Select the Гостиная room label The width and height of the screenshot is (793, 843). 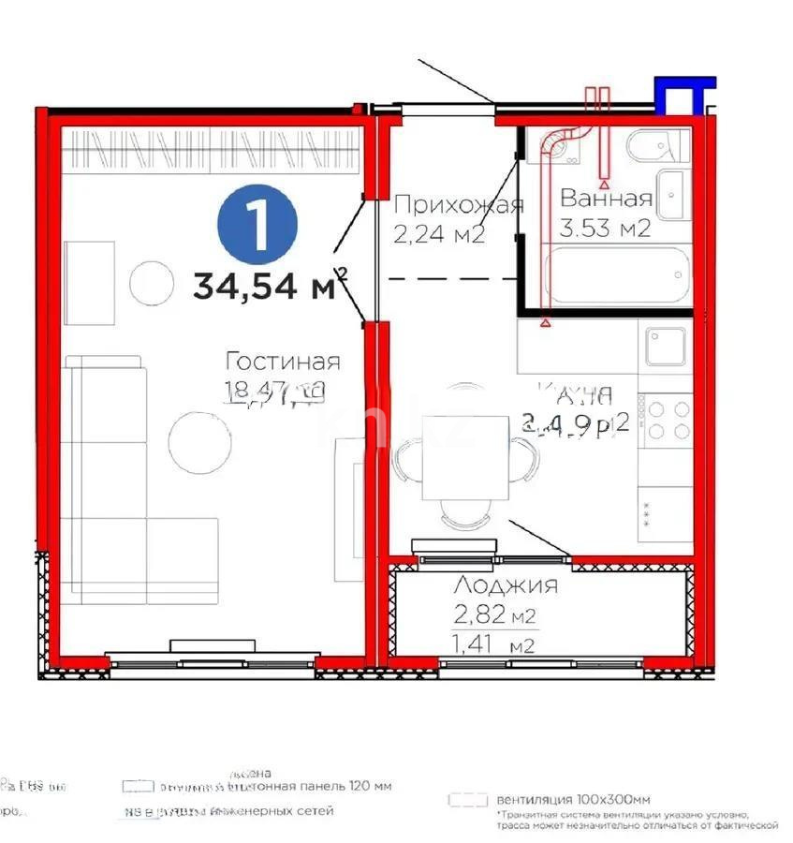[x=283, y=362]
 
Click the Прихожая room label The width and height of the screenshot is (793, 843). [x=458, y=205]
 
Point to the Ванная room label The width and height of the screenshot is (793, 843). [x=606, y=199]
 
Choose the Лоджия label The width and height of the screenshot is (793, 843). [x=506, y=586]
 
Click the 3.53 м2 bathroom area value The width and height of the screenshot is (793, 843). [x=605, y=228]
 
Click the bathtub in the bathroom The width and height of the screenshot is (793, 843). [x=618, y=275]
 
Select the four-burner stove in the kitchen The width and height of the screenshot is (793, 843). [x=666, y=419]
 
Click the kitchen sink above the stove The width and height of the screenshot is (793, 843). [x=666, y=346]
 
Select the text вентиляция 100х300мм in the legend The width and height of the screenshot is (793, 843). [x=574, y=799]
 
